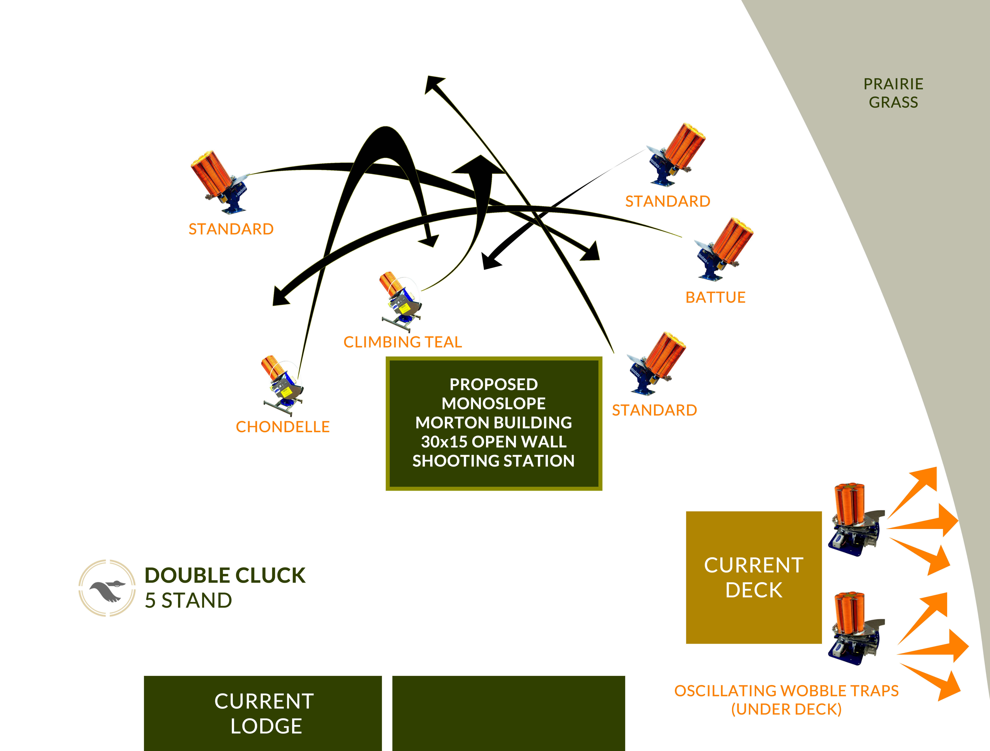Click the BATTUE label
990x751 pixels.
coord(715,297)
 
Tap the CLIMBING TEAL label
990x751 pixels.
coord(402,342)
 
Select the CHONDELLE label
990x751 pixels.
coord(283,427)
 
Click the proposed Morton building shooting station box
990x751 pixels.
coord(494,423)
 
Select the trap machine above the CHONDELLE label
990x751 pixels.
coord(282,385)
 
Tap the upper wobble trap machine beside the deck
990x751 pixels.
coord(854,520)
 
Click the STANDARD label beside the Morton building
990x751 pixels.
coord(654,410)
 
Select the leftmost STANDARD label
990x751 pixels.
coord(231,229)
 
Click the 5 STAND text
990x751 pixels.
coord(188,601)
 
